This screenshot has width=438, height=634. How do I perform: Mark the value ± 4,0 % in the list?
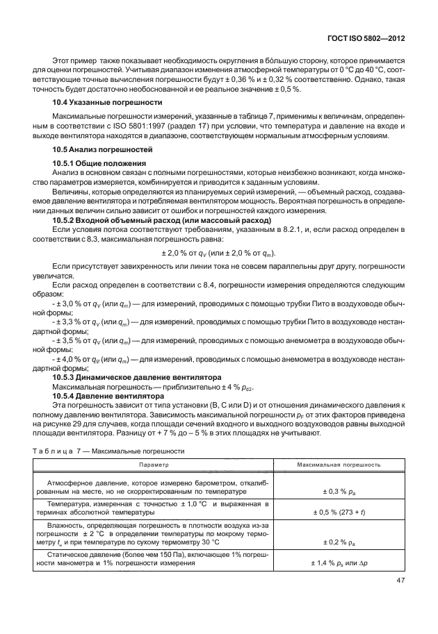(69, 359)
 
